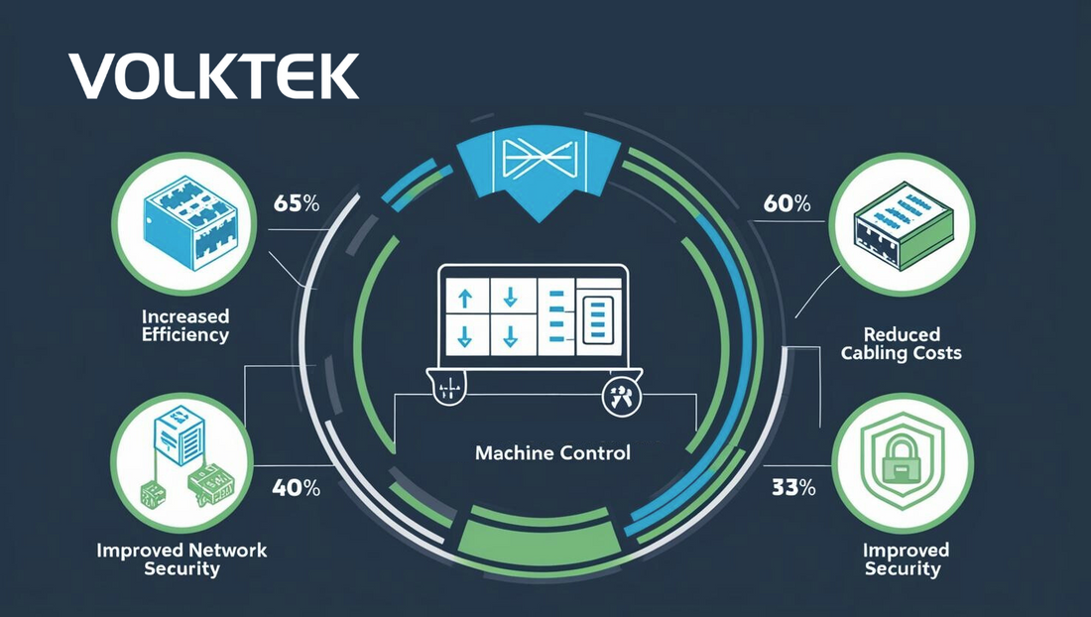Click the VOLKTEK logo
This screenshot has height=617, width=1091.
tap(213, 76)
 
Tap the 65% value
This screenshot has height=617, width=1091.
tap(295, 205)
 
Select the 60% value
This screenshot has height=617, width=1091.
tap(788, 205)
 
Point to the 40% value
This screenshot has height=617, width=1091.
tap(296, 488)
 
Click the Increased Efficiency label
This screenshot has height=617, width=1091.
tap(184, 325)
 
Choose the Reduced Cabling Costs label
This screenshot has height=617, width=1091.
tap(901, 343)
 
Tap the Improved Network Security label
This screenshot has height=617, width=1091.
tap(182, 559)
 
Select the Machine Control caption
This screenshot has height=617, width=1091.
tap(552, 454)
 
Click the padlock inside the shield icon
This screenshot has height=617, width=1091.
tap(902, 460)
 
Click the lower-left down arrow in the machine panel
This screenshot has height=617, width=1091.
tap(463, 333)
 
